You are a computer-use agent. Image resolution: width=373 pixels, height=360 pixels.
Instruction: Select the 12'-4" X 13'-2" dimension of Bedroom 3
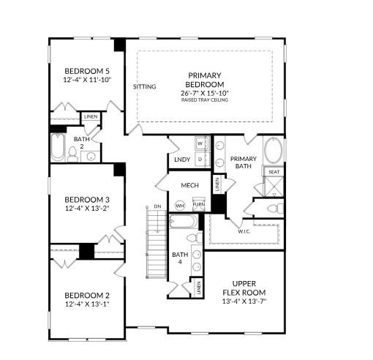[x=86, y=209]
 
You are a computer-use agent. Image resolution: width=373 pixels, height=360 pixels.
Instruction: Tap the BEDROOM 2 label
[x=86, y=296]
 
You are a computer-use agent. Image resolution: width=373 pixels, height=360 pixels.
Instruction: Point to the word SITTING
[x=145, y=86]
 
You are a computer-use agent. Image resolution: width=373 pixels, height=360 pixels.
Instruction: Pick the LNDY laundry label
[x=181, y=160]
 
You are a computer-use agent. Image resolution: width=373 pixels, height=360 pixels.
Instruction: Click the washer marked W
[x=199, y=143]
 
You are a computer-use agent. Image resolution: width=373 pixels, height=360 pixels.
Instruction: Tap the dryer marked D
[x=199, y=158]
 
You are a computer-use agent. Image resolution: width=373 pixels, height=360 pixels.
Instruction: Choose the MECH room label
[x=190, y=185]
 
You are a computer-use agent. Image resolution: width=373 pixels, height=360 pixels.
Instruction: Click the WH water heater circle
[x=179, y=205]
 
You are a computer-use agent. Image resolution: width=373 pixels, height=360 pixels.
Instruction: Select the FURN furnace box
[x=198, y=205]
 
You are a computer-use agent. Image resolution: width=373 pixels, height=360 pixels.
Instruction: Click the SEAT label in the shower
[x=274, y=172]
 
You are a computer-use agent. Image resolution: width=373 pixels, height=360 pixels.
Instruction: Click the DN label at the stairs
[x=157, y=206]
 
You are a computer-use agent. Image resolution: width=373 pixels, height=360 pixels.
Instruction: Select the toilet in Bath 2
[x=73, y=153]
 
